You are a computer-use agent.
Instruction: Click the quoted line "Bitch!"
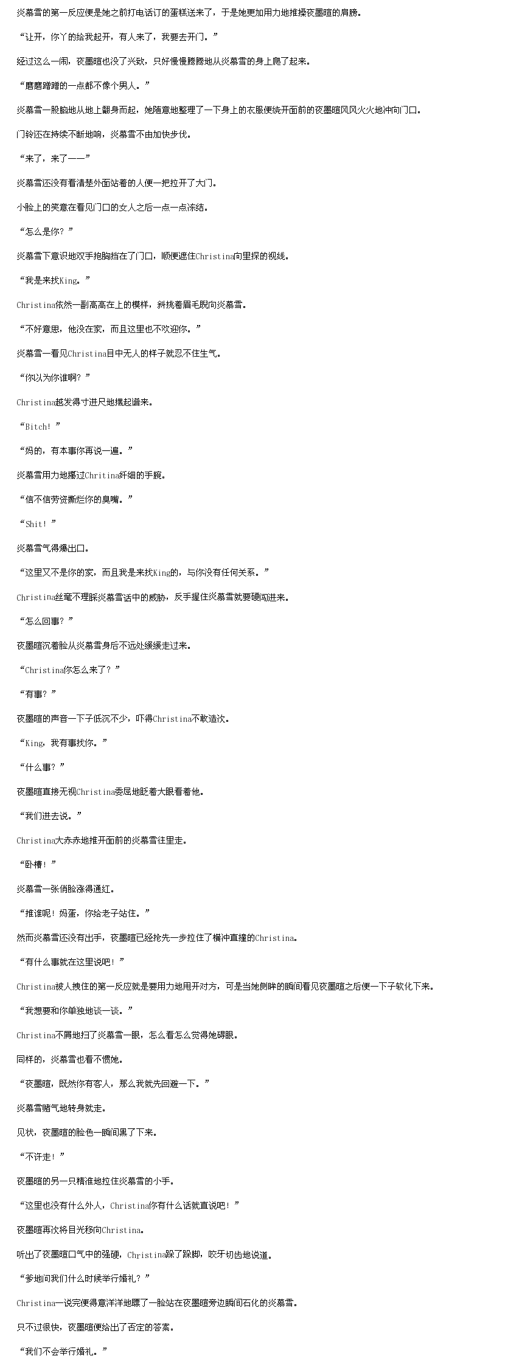coord(40,427)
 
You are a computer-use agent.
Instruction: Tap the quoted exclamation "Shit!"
coord(38,524)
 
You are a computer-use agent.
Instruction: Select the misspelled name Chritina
coord(101,475)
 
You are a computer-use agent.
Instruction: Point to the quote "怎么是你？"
coord(46,232)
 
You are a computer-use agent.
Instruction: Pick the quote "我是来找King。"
coord(55,281)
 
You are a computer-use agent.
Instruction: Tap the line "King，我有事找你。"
coord(63,743)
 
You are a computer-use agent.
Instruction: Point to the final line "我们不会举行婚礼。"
coord(63,1352)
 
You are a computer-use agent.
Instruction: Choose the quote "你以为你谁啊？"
coord(55,378)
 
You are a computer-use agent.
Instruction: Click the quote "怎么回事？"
coord(46,621)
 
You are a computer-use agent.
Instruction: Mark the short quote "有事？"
coord(38,694)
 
